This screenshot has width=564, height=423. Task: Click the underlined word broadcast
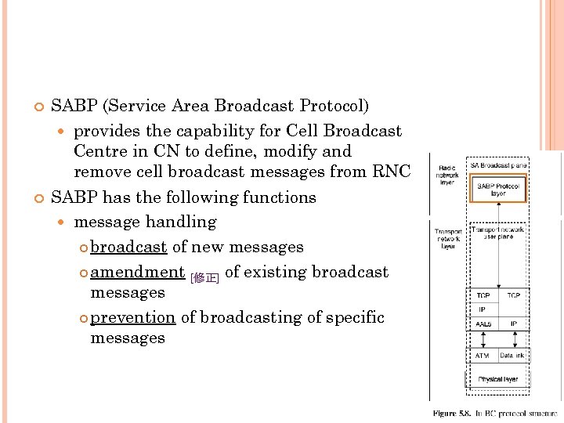click(128, 247)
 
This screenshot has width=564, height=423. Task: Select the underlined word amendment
click(137, 272)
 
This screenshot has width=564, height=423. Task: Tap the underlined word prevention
click(132, 317)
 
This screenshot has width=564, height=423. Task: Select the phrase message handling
click(145, 222)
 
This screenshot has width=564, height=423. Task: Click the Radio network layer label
click(447, 174)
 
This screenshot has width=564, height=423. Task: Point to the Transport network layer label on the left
click(447, 239)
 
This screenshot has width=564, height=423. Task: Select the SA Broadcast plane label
click(498, 165)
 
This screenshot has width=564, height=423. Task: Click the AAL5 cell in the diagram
click(483, 323)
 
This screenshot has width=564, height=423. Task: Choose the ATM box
click(483, 356)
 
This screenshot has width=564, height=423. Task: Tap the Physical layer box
click(498, 380)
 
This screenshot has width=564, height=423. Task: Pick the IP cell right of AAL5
click(514, 323)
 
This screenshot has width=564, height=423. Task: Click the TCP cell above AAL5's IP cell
click(483, 295)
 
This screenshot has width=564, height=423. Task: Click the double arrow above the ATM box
click(483, 339)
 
